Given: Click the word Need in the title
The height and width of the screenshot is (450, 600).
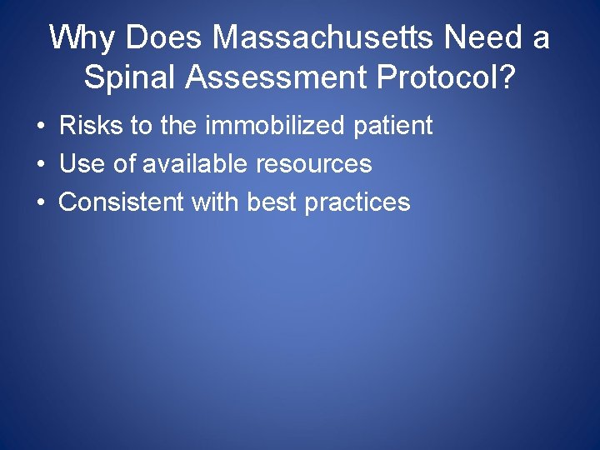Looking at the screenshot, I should coord(483,37).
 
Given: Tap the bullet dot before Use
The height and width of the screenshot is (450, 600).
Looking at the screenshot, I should coord(40,165).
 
